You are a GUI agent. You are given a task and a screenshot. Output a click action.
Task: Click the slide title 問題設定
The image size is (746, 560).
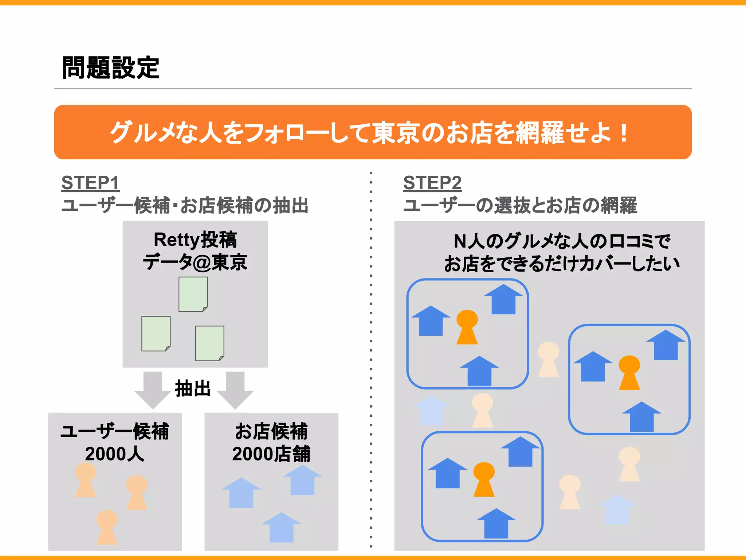(x=110, y=68)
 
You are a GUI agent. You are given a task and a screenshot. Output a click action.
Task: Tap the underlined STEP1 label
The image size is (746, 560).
(x=90, y=183)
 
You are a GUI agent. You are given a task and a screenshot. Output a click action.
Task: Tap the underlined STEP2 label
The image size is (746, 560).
(x=432, y=183)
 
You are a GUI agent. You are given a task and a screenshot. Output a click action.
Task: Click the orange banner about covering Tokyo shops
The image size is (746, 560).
(x=373, y=132)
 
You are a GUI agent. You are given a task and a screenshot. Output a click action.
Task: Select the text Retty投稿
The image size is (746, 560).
(x=195, y=240)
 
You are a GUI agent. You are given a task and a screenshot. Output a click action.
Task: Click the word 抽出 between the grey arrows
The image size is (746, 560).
(x=193, y=389)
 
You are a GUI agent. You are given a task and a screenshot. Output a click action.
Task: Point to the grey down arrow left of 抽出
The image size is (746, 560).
(x=153, y=389)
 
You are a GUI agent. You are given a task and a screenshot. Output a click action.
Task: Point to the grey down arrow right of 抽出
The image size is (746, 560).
(x=235, y=389)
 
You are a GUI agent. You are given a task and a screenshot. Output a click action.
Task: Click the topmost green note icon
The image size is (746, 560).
(x=193, y=294)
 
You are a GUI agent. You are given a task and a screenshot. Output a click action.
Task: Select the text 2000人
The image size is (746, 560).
(x=115, y=454)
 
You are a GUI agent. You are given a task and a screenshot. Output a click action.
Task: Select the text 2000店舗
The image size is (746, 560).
(x=271, y=454)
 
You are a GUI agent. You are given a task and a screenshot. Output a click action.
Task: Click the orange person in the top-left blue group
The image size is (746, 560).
(x=467, y=327)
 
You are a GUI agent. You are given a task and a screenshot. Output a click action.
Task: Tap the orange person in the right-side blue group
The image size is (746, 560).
(x=629, y=372)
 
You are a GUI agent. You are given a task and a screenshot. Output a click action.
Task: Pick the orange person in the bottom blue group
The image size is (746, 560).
(x=484, y=479)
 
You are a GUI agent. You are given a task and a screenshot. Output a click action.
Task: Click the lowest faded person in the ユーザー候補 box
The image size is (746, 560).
(x=107, y=526)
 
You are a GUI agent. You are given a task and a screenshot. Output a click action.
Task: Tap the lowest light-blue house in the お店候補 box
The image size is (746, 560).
(x=281, y=528)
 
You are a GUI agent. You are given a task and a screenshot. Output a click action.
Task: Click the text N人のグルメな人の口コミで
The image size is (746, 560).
(x=562, y=241)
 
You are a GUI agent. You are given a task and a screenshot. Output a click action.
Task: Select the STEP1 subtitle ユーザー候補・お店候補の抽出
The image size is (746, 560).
(x=185, y=205)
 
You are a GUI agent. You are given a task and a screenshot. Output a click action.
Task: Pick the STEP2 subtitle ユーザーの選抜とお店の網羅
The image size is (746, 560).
(x=520, y=205)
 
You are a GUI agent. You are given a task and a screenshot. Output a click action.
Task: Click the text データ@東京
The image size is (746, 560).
(x=195, y=262)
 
